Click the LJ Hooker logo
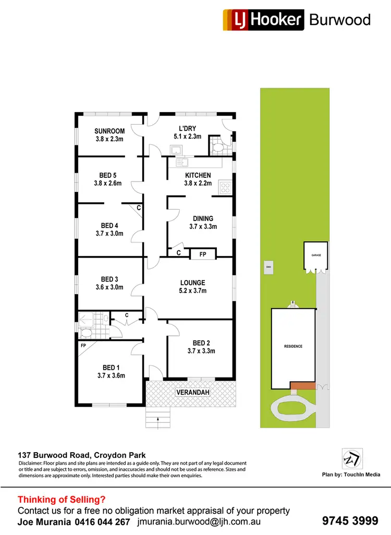(x=263, y=20)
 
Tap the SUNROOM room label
(x=108, y=131)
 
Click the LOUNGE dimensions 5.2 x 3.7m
(x=193, y=291)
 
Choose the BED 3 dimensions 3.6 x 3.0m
(x=109, y=287)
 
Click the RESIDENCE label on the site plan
(x=293, y=346)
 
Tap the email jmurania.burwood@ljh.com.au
(x=199, y=521)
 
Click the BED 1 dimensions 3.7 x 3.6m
(x=111, y=375)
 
